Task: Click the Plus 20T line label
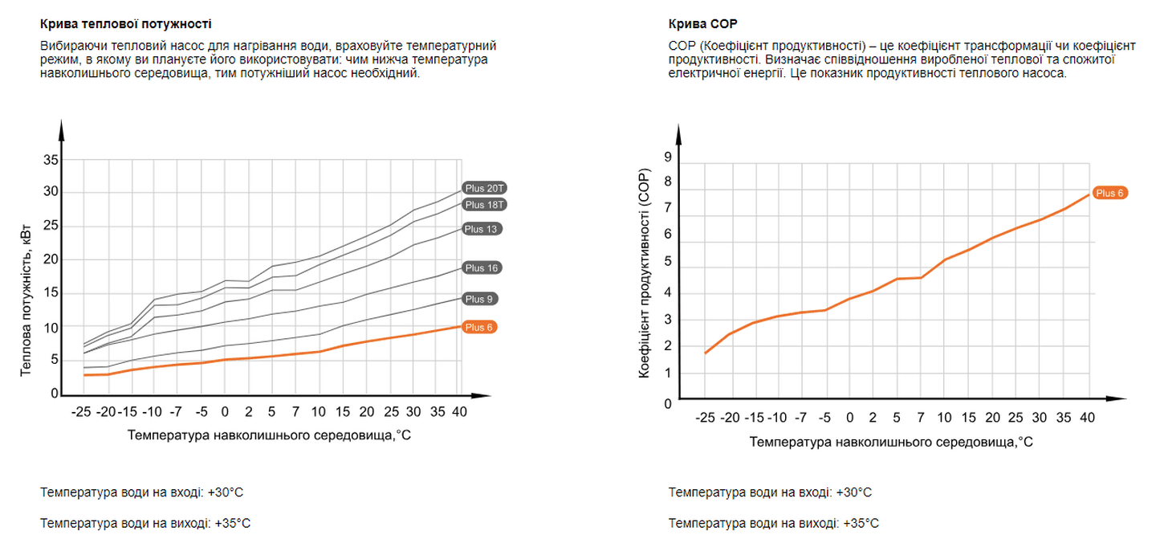tap(486, 188)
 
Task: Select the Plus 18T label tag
tap(486, 205)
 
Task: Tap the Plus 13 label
tap(482, 229)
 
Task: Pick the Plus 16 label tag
tap(482, 267)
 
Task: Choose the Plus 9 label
tap(478, 299)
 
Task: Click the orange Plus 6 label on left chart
tap(478, 327)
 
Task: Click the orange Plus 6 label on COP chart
tap(1111, 193)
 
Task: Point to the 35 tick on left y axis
tap(50, 160)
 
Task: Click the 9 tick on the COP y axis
tap(667, 158)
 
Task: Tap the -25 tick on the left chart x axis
tap(80, 412)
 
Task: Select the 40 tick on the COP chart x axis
tap(1087, 418)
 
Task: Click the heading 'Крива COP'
tap(702, 24)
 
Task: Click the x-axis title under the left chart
tap(269, 435)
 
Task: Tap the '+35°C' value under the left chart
tap(232, 523)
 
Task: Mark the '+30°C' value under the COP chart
tap(853, 492)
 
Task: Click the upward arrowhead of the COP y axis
tap(679, 133)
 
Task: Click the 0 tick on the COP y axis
tap(667, 403)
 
